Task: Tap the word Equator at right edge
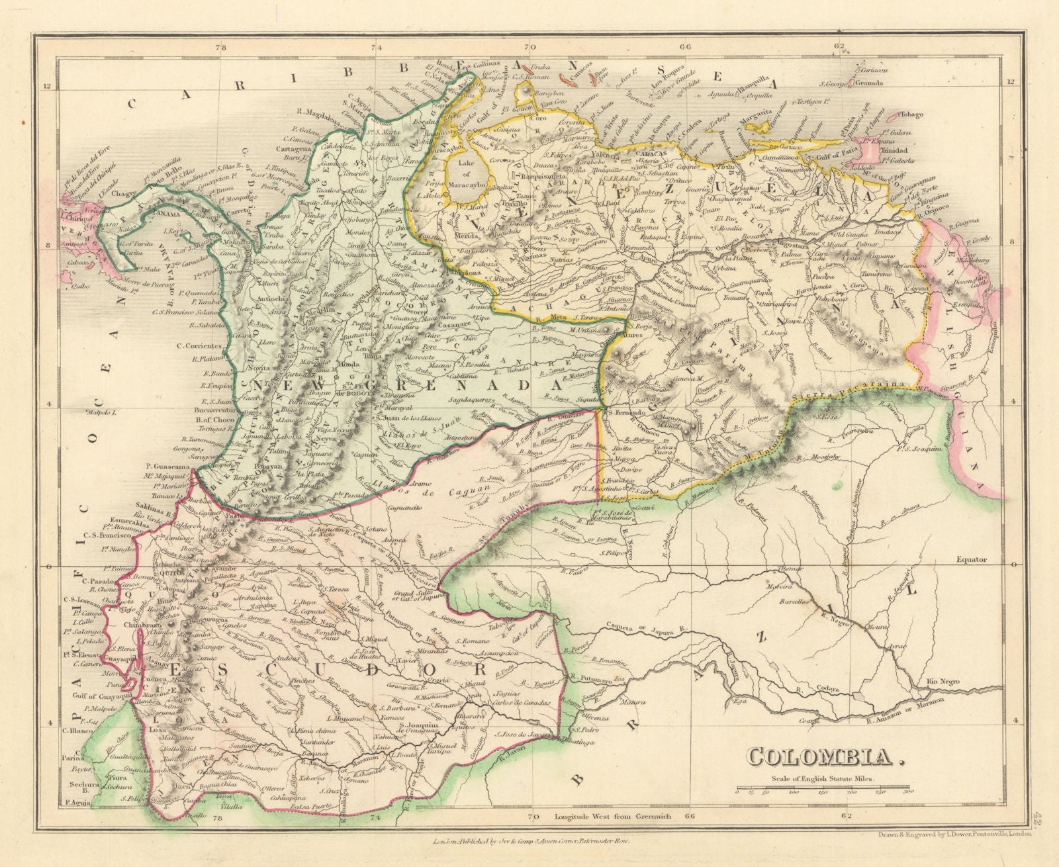coord(971,560)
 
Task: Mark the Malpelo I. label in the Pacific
coord(101,412)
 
